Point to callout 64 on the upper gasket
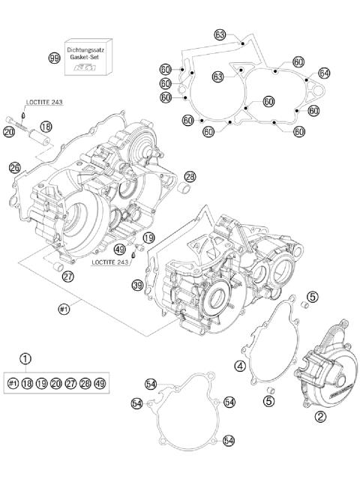coord(324,73)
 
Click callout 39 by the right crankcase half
coord(137,285)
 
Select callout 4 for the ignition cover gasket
coord(240,367)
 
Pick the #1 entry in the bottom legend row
coord(13,383)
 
